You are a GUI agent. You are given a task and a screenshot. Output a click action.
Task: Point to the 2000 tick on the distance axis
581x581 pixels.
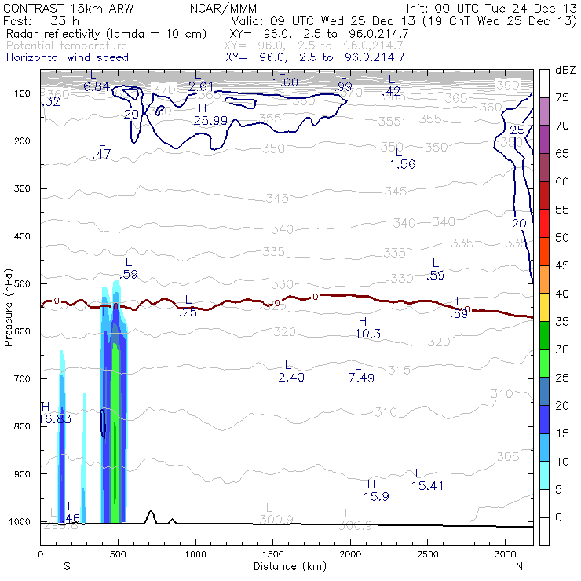pyautogui.click(x=350, y=553)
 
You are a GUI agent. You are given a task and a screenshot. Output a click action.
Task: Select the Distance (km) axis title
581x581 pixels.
pyautogui.click(x=285, y=565)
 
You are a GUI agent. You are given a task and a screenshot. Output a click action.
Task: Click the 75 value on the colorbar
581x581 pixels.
pyautogui.click(x=563, y=97)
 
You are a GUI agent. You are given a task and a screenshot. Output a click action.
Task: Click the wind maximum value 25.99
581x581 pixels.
pyautogui.click(x=210, y=120)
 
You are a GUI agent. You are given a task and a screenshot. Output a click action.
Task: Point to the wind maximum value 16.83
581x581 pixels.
pyautogui.click(x=54, y=419)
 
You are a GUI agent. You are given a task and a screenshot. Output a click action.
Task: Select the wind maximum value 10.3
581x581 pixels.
pyautogui.click(x=367, y=334)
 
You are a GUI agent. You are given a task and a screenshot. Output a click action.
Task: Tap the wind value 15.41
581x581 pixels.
pyautogui.click(x=427, y=485)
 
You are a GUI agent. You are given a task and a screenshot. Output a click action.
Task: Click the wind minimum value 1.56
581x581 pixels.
pyautogui.click(x=402, y=164)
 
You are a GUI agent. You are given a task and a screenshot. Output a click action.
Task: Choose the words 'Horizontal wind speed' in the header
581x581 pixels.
pyautogui.click(x=68, y=57)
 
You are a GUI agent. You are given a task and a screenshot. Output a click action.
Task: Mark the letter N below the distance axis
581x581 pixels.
pyautogui.click(x=519, y=565)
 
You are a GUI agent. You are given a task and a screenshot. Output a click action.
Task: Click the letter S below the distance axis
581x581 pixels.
pyautogui.click(x=67, y=565)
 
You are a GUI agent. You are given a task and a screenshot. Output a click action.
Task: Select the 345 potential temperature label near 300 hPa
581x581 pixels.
pyautogui.click(x=395, y=192)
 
